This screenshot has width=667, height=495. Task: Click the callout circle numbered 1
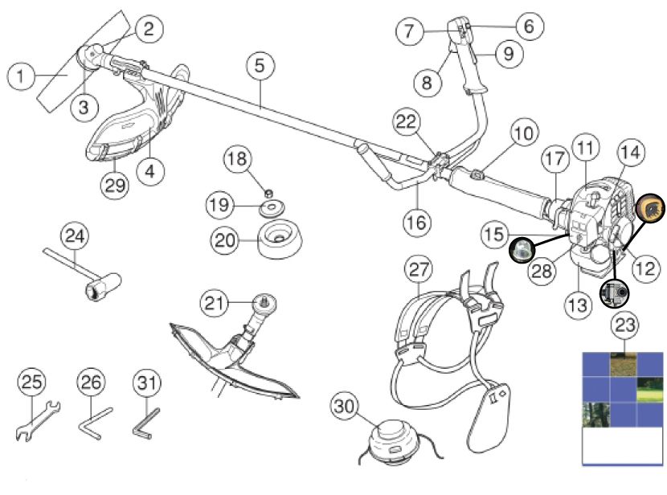click(x=23, y=77)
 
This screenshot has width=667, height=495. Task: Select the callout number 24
click(x=76, y=238)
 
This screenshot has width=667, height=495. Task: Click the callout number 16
click(x=415, y=219)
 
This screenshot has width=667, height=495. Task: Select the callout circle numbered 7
click(x=411, y=32)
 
